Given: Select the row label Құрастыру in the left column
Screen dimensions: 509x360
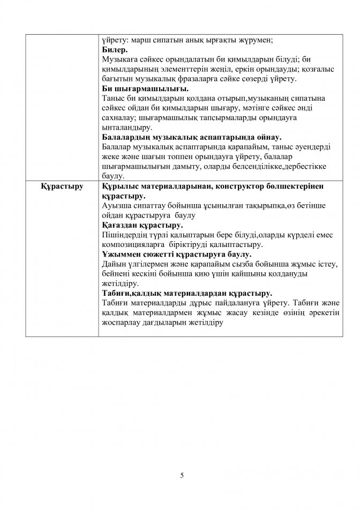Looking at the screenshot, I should click(59, 186).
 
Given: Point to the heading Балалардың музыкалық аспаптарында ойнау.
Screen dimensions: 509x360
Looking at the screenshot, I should click(191, 137).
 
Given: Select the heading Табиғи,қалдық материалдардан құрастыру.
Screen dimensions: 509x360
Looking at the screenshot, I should click(186, 293).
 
